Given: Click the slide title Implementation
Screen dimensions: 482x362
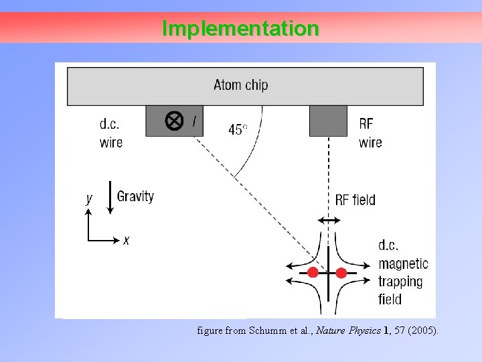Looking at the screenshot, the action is (240, 29).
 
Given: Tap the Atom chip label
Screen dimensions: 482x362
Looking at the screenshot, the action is (241, 85).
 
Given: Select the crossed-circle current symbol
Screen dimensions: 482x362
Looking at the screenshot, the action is (174, 121).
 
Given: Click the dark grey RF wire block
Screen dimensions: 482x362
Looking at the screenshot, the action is (328, 121).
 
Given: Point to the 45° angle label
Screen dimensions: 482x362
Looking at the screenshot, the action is (238, 129).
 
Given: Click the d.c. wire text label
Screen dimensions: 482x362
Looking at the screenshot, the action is (111, 133).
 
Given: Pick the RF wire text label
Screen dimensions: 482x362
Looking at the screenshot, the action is (370, 133).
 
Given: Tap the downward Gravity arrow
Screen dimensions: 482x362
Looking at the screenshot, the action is (110, 197).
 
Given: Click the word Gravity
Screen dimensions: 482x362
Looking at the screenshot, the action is (135, 196).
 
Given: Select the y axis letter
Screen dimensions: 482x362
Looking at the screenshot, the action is (89, 198).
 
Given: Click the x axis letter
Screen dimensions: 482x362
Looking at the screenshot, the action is (126, 240).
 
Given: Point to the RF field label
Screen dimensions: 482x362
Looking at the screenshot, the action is (355, 200).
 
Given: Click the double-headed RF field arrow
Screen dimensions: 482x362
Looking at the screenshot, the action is (329, 221).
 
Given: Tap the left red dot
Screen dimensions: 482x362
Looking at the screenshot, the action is (313, 273).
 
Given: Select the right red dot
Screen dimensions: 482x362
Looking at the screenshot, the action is (341, 273).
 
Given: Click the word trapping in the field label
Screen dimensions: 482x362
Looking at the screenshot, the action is (400, 282).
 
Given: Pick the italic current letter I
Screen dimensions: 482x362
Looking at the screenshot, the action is (194, 121).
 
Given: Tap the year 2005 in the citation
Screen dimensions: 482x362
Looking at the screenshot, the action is (422, 330).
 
